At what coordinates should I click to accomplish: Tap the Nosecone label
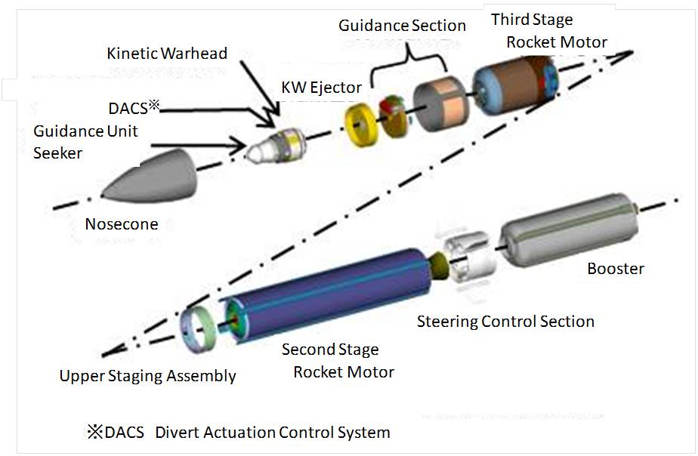tap(122, 224)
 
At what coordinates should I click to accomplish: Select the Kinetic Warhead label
tap(167, 54)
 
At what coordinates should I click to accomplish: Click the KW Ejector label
tap(319, 88)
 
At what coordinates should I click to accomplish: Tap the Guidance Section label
tap(402, 26)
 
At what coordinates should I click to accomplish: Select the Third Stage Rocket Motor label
tap(548, 30)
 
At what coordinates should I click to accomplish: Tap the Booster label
tap(616, 269)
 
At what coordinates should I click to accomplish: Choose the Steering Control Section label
tap(505, 322)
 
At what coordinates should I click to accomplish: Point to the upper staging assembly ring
tap(199, 331)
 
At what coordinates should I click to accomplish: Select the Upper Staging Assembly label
tap(148, 376)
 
